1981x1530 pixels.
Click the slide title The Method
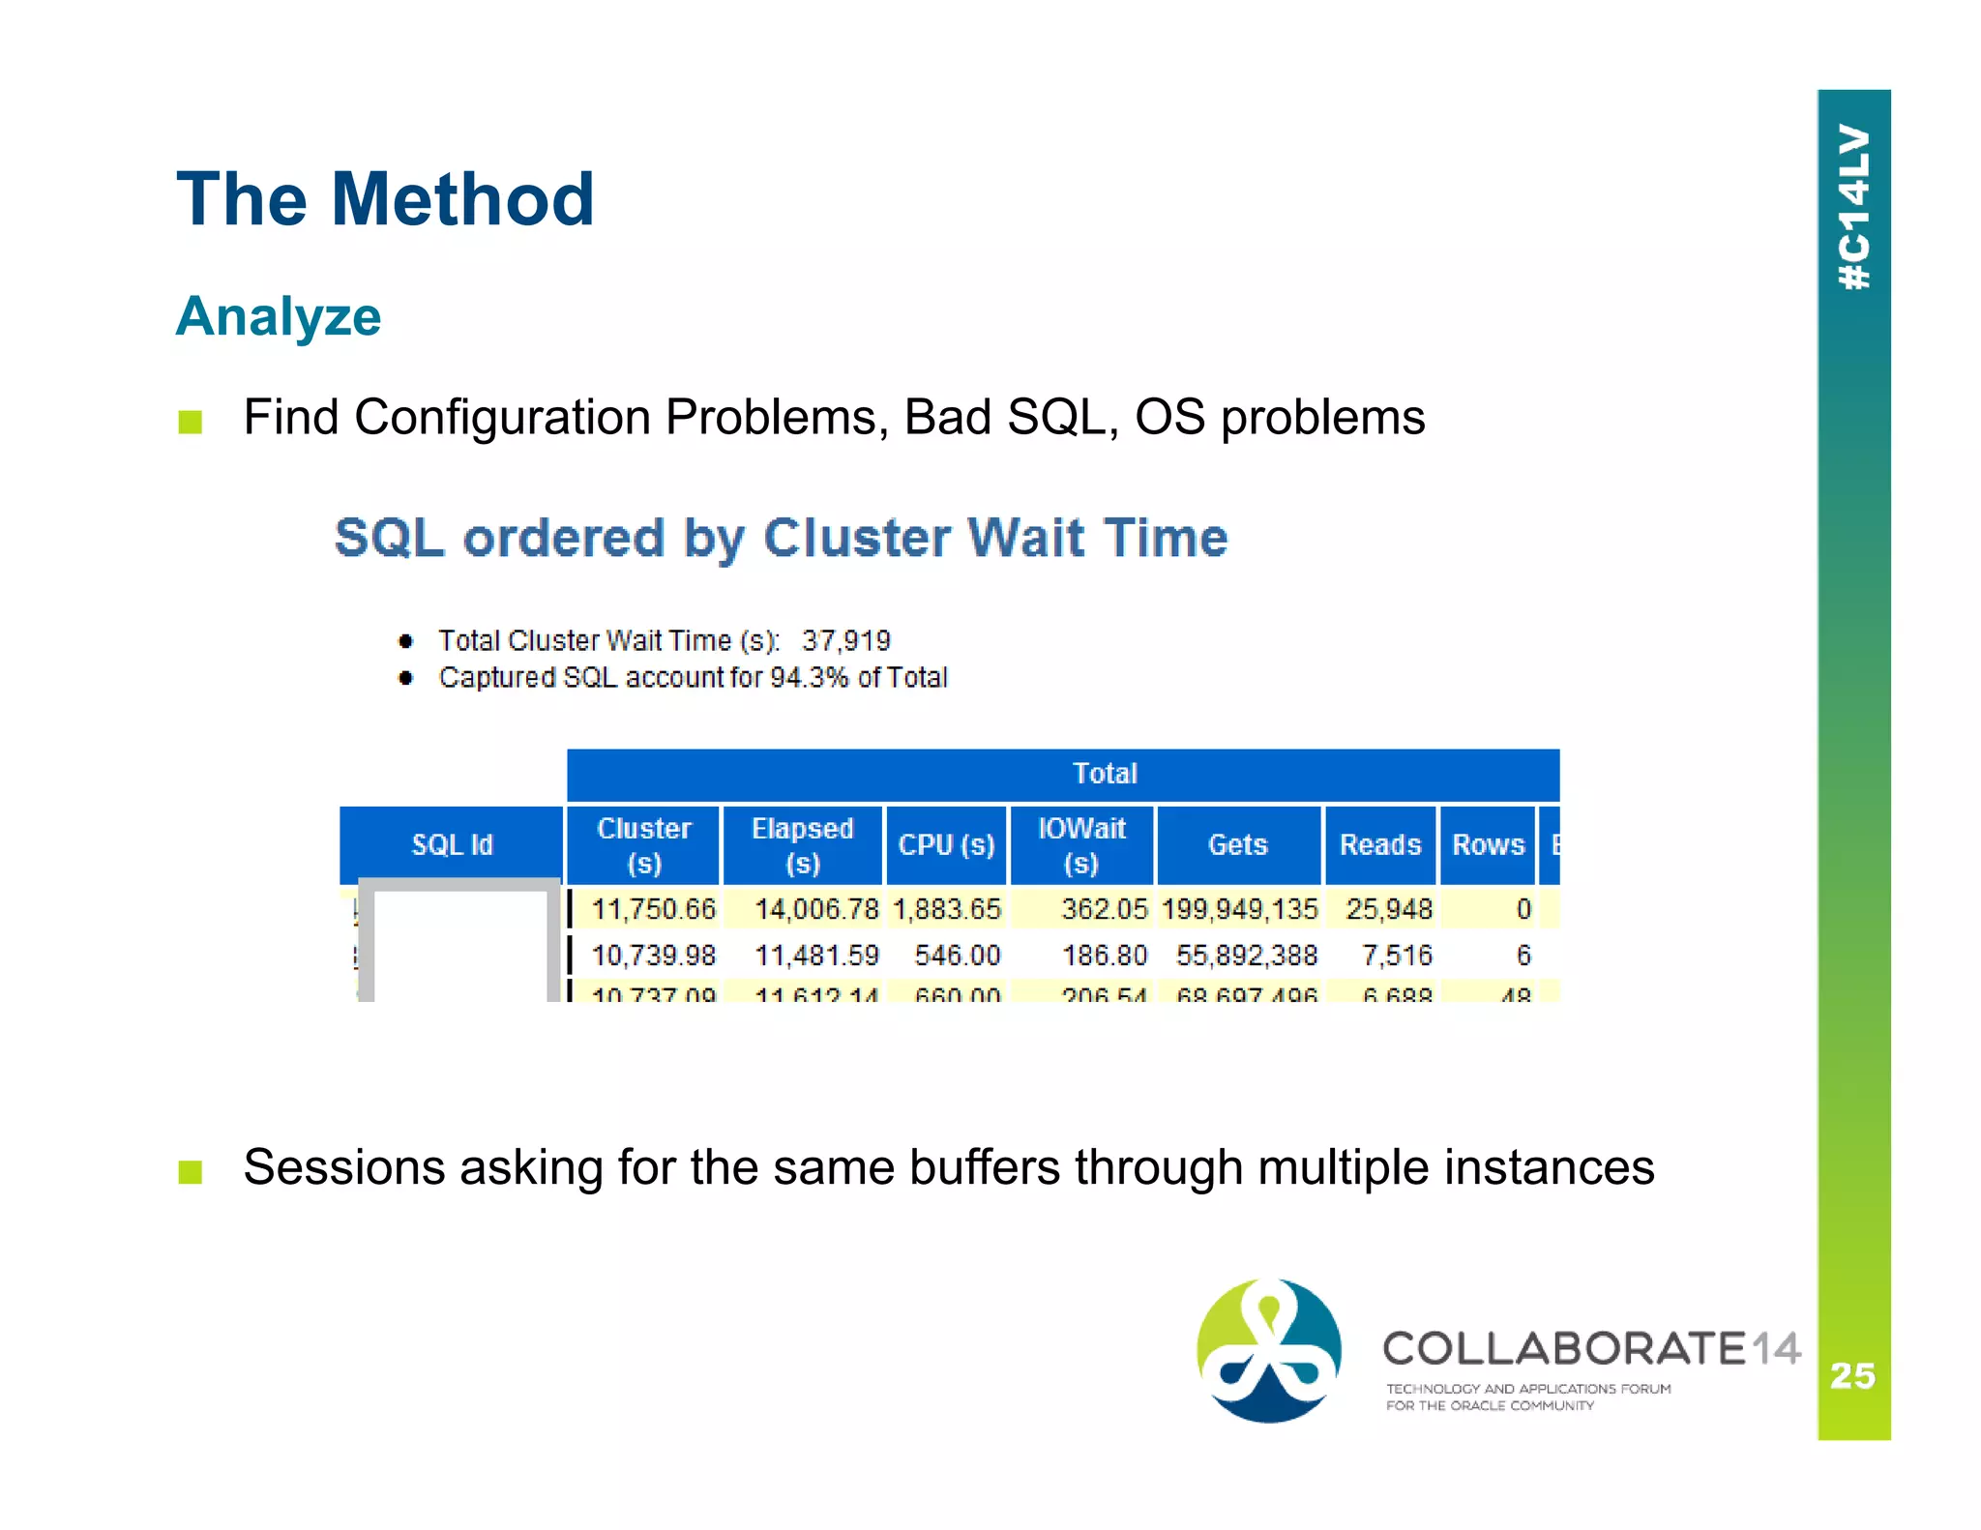tap(385, 199)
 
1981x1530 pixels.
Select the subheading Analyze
tap(279, 316)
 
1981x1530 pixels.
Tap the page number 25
tap(1852, 1374)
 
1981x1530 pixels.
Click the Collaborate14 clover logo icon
tap(1268, 1350)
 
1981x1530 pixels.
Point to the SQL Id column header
tap(452, 844)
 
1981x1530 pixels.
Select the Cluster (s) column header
tap(643, 844)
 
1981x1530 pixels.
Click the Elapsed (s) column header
tap(802, 844)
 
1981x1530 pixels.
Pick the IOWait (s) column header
tap(1080, 844)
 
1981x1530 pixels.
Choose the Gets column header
tap(1237, 844)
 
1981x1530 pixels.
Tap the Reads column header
tap(1379, 844)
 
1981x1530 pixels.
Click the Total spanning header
tap(1105, 774)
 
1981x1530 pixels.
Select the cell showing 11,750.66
tap(653, 909)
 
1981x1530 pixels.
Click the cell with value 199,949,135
tap(1239, 909)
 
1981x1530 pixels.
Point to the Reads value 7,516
tap(1396, 956)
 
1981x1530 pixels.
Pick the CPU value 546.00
tap(957, 956)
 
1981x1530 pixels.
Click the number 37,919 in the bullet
tap(845, 640)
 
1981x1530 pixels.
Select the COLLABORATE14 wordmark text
tap(1590, 1348)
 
